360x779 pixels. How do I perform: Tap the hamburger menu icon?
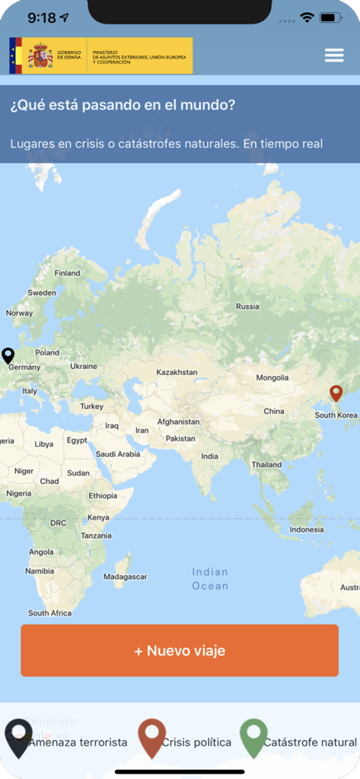(x=334, y=55)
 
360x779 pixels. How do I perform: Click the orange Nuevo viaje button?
(x=180, y=650)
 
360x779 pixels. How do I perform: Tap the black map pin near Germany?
(x=8, y=355)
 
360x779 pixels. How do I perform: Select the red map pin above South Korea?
(x=336, y=393)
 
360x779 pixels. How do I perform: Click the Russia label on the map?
(x=247, y=307)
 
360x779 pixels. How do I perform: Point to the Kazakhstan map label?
(x=177, y=372)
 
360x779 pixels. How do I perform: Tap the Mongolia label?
(x=272, y=377)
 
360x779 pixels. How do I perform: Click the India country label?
(x=209, y=456)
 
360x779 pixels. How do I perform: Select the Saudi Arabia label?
(x=118, y=454)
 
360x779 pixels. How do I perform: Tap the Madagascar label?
(x=125, y=577)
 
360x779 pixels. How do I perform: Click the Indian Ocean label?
(x=210, y=579)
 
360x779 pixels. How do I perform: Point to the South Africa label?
(x=49, y=612)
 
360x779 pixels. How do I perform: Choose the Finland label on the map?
(x=67, y=272)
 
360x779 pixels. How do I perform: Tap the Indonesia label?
(x=307, y=529)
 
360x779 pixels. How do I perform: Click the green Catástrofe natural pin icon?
(x=253, y=737)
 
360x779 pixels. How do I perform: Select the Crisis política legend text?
(x=196, y=742)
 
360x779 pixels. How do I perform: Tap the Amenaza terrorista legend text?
(x=78, y=742)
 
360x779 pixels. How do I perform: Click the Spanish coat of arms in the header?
(x=40, y=56)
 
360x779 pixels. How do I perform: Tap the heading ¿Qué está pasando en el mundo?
(x=123, y=106)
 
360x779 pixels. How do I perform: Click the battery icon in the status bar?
(x=330, y=17)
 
